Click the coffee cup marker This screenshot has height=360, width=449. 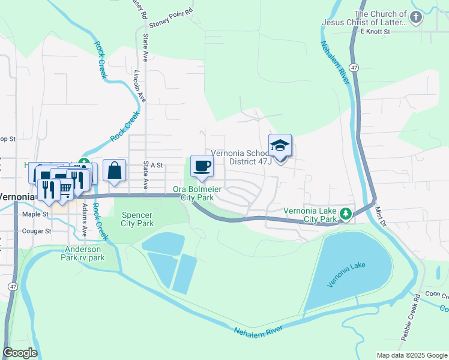[x=202, y=166]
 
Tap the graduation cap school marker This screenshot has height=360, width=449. [x=280, y=146]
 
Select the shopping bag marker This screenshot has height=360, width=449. [x=114, y=170]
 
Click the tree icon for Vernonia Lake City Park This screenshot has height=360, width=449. [x=346, y=214]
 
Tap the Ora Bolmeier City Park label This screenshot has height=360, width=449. [x=197, y=193]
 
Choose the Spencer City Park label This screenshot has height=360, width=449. [x=137, y=219]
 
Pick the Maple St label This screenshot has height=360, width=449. [x=37, y=214]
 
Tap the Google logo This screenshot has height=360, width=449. [x=20, y=353]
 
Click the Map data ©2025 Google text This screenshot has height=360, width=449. [x=411, y=355]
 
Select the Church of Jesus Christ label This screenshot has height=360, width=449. [x=385, y=18]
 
